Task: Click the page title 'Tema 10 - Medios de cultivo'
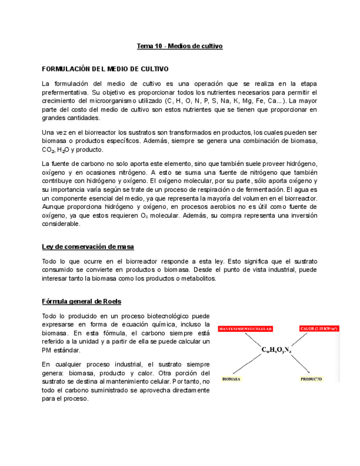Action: [x=180, y=46]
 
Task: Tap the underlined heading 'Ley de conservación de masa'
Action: [x=88, y=247]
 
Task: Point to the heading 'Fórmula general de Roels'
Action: [x=82, y=302]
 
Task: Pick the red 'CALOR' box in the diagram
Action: [x=319, y=329]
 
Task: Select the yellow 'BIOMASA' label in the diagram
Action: [x=232, y=379]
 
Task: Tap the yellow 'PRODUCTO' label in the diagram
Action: [x=311, y=379]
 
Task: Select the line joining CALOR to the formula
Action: [x=300, y=339]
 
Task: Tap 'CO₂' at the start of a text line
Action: [x=47, y=149]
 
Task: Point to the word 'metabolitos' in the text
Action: [x=198, y=278]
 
